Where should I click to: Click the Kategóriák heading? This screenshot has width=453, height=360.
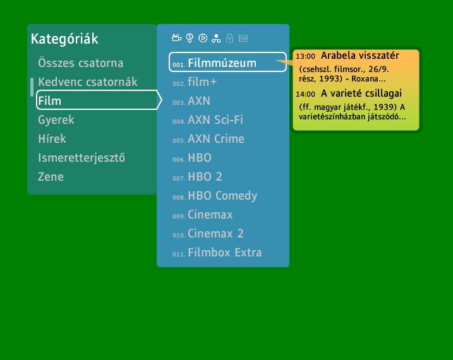click(x=64, y=39)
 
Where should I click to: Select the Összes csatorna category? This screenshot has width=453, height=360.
click(x=81, y=63)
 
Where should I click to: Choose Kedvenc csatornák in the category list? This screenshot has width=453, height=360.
click(x=88, y=82)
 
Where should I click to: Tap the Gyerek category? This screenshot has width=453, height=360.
click(x=56, y=120)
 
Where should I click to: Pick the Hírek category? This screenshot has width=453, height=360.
click(x=52, y=138)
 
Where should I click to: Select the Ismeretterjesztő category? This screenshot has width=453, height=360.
click(x=82, y=158)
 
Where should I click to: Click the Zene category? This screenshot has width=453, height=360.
click(x=51, y=177)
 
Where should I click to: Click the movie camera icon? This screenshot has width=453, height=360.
click(x=176, y=38)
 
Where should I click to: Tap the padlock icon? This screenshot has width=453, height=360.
click(x=230, y=38)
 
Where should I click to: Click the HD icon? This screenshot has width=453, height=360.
click(x=243, y=38)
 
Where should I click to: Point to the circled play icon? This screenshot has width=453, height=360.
click(x=203, y=38)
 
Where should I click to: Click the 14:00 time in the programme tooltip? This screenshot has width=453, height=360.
click(x=305, y=94)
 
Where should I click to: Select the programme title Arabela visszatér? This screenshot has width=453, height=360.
click(x=360, y=56)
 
